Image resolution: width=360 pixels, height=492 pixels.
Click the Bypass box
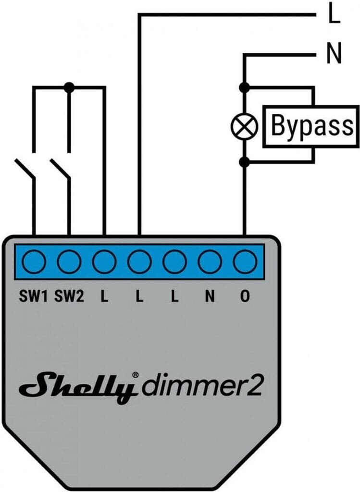pos(310,126)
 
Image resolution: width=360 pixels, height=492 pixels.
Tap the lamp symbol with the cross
pos(244,126)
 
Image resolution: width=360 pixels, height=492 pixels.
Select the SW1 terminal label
pos(33,296)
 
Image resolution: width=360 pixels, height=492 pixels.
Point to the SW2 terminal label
pos(69,296)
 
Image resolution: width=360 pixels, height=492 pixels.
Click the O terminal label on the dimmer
pos(245,296)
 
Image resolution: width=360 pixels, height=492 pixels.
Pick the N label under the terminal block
pos(210,296)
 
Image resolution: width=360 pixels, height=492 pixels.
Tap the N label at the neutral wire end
pos(334,54)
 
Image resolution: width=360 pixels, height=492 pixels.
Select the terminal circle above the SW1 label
pos(34,261)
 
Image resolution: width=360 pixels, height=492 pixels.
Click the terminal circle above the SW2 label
pos(69,261)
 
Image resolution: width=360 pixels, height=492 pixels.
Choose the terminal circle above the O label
pos(245,261)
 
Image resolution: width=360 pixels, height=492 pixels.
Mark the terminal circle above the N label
pos(210,261)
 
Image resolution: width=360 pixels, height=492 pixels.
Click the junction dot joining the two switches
pos(69,87)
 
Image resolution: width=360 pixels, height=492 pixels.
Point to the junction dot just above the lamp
pos(244,87)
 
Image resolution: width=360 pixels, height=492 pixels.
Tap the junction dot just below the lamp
pos(244,162)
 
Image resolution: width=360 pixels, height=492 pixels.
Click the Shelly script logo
pos(78,387)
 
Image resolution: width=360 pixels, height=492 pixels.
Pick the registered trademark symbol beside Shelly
pos(135,375)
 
